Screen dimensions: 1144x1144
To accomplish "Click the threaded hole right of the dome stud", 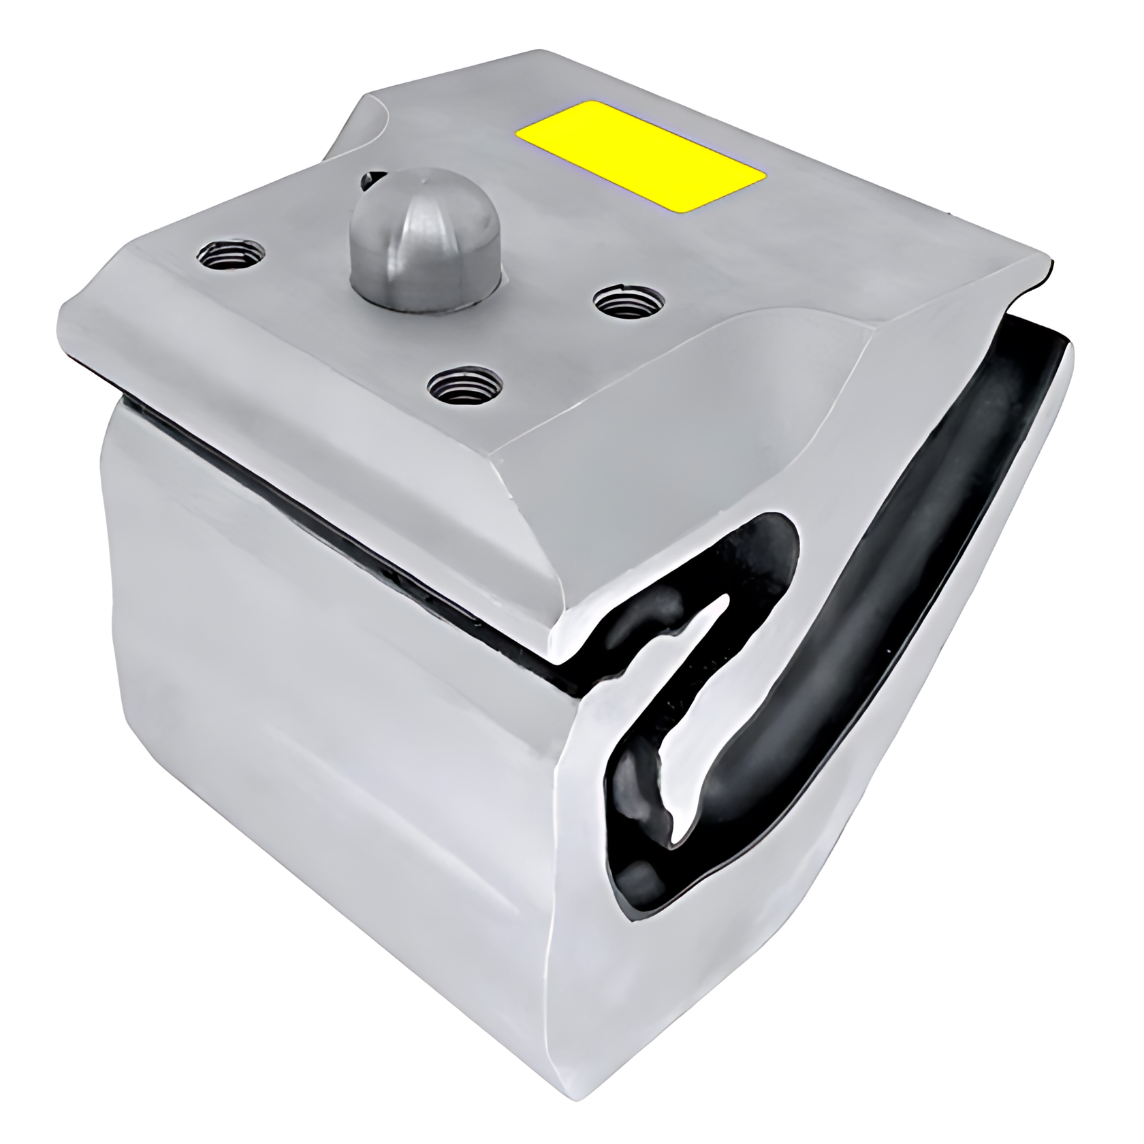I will [628, 300].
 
